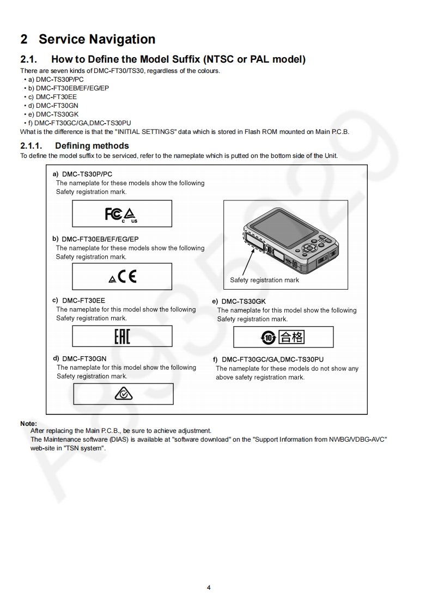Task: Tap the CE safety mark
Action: point(127,277)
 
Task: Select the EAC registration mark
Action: point(122,337)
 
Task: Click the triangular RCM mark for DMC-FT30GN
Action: point(123,394)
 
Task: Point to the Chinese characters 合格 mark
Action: point(291,338)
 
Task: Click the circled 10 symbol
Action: point(269,338)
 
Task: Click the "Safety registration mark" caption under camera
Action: point(264,280)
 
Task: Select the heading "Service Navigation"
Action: point(97,39)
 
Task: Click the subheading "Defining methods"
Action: point(92,146)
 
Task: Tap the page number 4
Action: point(209,587)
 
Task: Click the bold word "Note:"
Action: point(28,423)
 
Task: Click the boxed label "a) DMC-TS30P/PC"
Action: point(82,174)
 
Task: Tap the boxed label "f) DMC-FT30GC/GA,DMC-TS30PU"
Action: point(268,359)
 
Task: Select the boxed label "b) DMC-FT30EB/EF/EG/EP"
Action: point(96,239)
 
